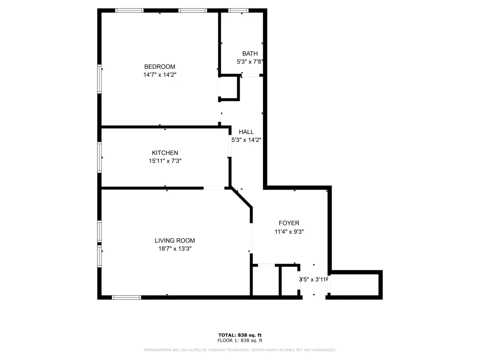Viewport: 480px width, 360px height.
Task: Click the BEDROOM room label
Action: [160, 67]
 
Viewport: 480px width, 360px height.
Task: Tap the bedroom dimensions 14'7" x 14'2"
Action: [160, 74]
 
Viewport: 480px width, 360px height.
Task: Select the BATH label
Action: [250, 54]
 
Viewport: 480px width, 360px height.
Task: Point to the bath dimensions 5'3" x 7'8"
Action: [250, 62]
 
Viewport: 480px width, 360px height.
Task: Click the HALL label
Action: [246, 132]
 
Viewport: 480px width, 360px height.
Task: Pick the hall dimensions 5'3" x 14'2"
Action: [246, 140]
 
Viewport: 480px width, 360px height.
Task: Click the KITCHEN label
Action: [165, 153]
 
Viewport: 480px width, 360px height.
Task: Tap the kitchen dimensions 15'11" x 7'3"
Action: [165, 161]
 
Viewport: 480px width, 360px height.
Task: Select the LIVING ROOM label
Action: [175, 240]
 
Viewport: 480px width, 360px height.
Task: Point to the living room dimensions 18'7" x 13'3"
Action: [175, 248]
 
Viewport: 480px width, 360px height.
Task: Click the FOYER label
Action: [289, 223]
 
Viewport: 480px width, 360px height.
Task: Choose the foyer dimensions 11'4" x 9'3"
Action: [289, 231]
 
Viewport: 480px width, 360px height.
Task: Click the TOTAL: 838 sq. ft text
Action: [240, 335]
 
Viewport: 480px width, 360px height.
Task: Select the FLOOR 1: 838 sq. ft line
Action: [240, 341]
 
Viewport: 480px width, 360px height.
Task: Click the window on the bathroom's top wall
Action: [238, 11]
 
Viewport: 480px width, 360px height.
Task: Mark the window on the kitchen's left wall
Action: [100, 157]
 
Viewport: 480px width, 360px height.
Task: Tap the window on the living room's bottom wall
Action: [126, 297]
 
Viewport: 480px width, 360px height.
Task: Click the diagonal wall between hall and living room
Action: [242, 198]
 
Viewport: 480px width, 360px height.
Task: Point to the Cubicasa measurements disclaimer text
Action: [240, 350]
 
